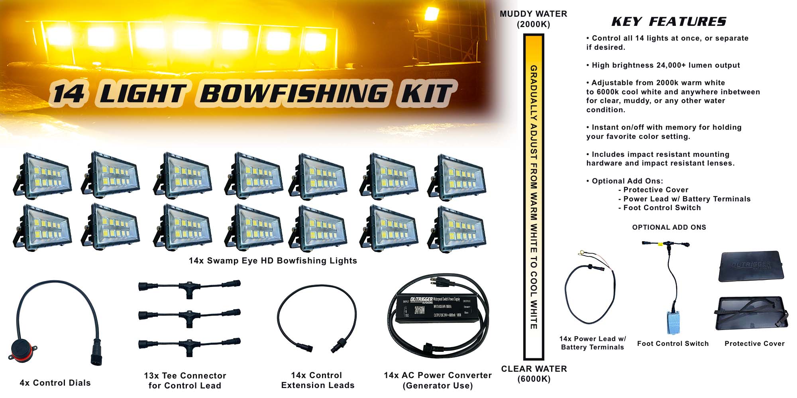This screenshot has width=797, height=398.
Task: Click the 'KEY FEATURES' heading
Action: tap(669, 21)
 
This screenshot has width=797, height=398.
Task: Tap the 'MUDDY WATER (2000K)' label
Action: tap(533, 19)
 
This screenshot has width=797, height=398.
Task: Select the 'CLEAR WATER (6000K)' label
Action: tap(534, 374)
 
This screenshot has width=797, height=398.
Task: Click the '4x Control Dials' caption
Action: tap(55, 383)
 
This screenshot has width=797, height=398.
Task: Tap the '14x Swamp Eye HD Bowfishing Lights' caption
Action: tap(273, 261)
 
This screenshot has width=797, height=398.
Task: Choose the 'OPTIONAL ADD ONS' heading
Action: tap(669, 227)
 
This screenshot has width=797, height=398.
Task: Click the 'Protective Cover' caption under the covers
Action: tap(754, 343)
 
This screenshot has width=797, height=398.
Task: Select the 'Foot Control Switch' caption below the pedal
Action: tap(673, 343)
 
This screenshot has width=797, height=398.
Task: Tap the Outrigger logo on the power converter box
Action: tap(421, 300)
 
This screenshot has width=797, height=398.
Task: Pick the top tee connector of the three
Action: tap(189, 287)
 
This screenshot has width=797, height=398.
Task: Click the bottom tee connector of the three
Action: tap(189, 345)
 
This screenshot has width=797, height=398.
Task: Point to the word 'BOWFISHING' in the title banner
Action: tap(293, 94)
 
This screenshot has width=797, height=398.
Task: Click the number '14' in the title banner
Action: tap(69, 94)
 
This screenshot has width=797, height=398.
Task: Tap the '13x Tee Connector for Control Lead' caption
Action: tap(185, 380)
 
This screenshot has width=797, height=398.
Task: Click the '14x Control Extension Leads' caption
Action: tap(317, 380)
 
